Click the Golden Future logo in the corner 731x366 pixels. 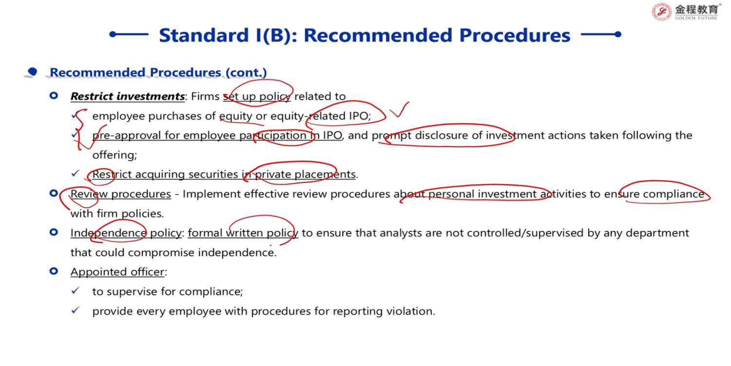click(x=685, y=12)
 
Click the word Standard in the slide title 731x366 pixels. click(x=204, y=35)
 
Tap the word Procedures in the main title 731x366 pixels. click(x=515, y=35)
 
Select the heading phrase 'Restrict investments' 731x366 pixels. click(x=128, y=97)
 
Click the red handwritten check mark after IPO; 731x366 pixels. click(x=399, y=110)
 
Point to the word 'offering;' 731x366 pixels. click(x=115, y=155)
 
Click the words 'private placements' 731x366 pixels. click(x=305, y=174)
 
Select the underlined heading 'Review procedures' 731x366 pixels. click(x=121, y=194)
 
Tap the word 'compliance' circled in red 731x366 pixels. click(x=673, y=194)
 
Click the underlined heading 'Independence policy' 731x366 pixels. click(x=126, y=233)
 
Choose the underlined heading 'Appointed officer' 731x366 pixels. click(x=117, y=272)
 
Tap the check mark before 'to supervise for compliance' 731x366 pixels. click(x=76, y=290)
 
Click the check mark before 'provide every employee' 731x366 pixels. click(x=76, y=310)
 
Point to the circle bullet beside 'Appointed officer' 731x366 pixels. click(x=54, y=271)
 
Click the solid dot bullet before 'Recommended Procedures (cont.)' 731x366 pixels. click(x=32, y=71)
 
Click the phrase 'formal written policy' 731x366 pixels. click(x=243, y=233)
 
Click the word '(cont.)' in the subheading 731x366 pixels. click(x=246, y=73)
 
